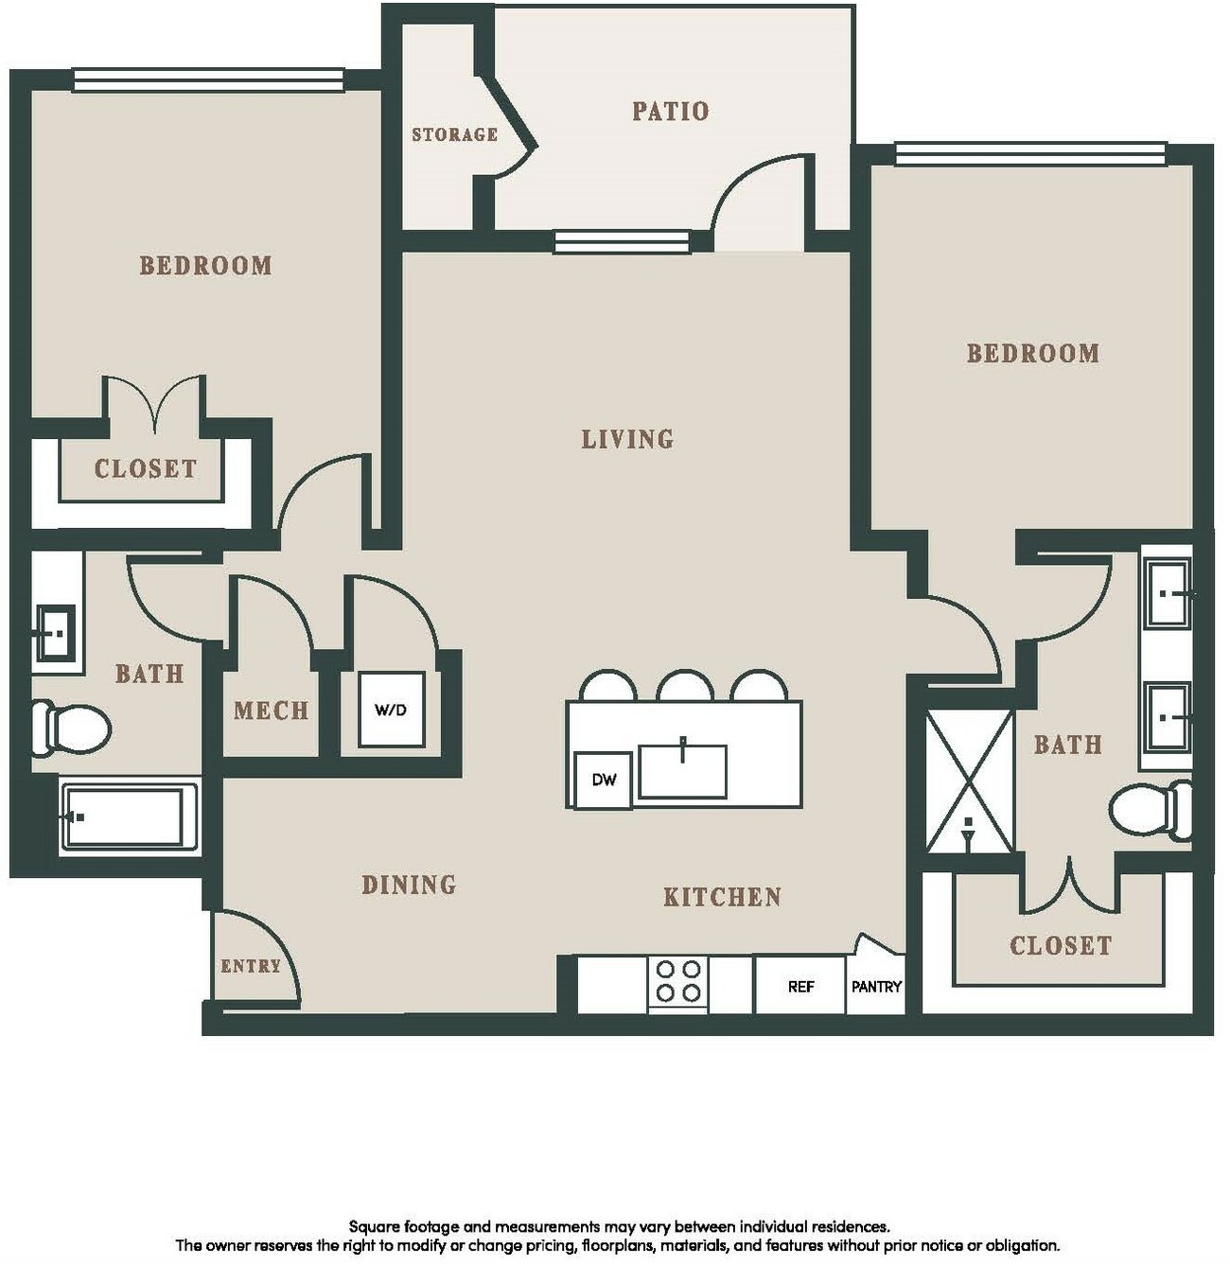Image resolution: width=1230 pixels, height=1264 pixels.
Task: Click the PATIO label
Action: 670,112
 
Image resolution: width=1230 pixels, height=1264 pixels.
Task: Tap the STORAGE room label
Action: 454,134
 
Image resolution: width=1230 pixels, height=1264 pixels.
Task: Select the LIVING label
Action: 627,440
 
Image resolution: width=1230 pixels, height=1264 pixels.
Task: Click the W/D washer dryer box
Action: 392,710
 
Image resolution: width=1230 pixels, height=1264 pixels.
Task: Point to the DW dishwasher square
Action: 604,780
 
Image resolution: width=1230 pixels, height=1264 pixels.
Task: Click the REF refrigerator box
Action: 800,986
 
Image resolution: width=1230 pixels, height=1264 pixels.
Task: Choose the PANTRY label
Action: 876,987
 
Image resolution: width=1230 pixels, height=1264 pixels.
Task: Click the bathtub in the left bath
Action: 129,816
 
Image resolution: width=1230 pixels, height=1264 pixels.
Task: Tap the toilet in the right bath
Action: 1151,811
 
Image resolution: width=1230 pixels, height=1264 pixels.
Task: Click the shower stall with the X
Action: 969,780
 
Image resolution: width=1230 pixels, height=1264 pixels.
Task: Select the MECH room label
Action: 271,711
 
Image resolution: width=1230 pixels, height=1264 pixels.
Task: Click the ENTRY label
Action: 251,966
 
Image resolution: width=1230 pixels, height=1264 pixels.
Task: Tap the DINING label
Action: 409,885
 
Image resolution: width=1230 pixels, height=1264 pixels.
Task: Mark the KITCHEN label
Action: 722,897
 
